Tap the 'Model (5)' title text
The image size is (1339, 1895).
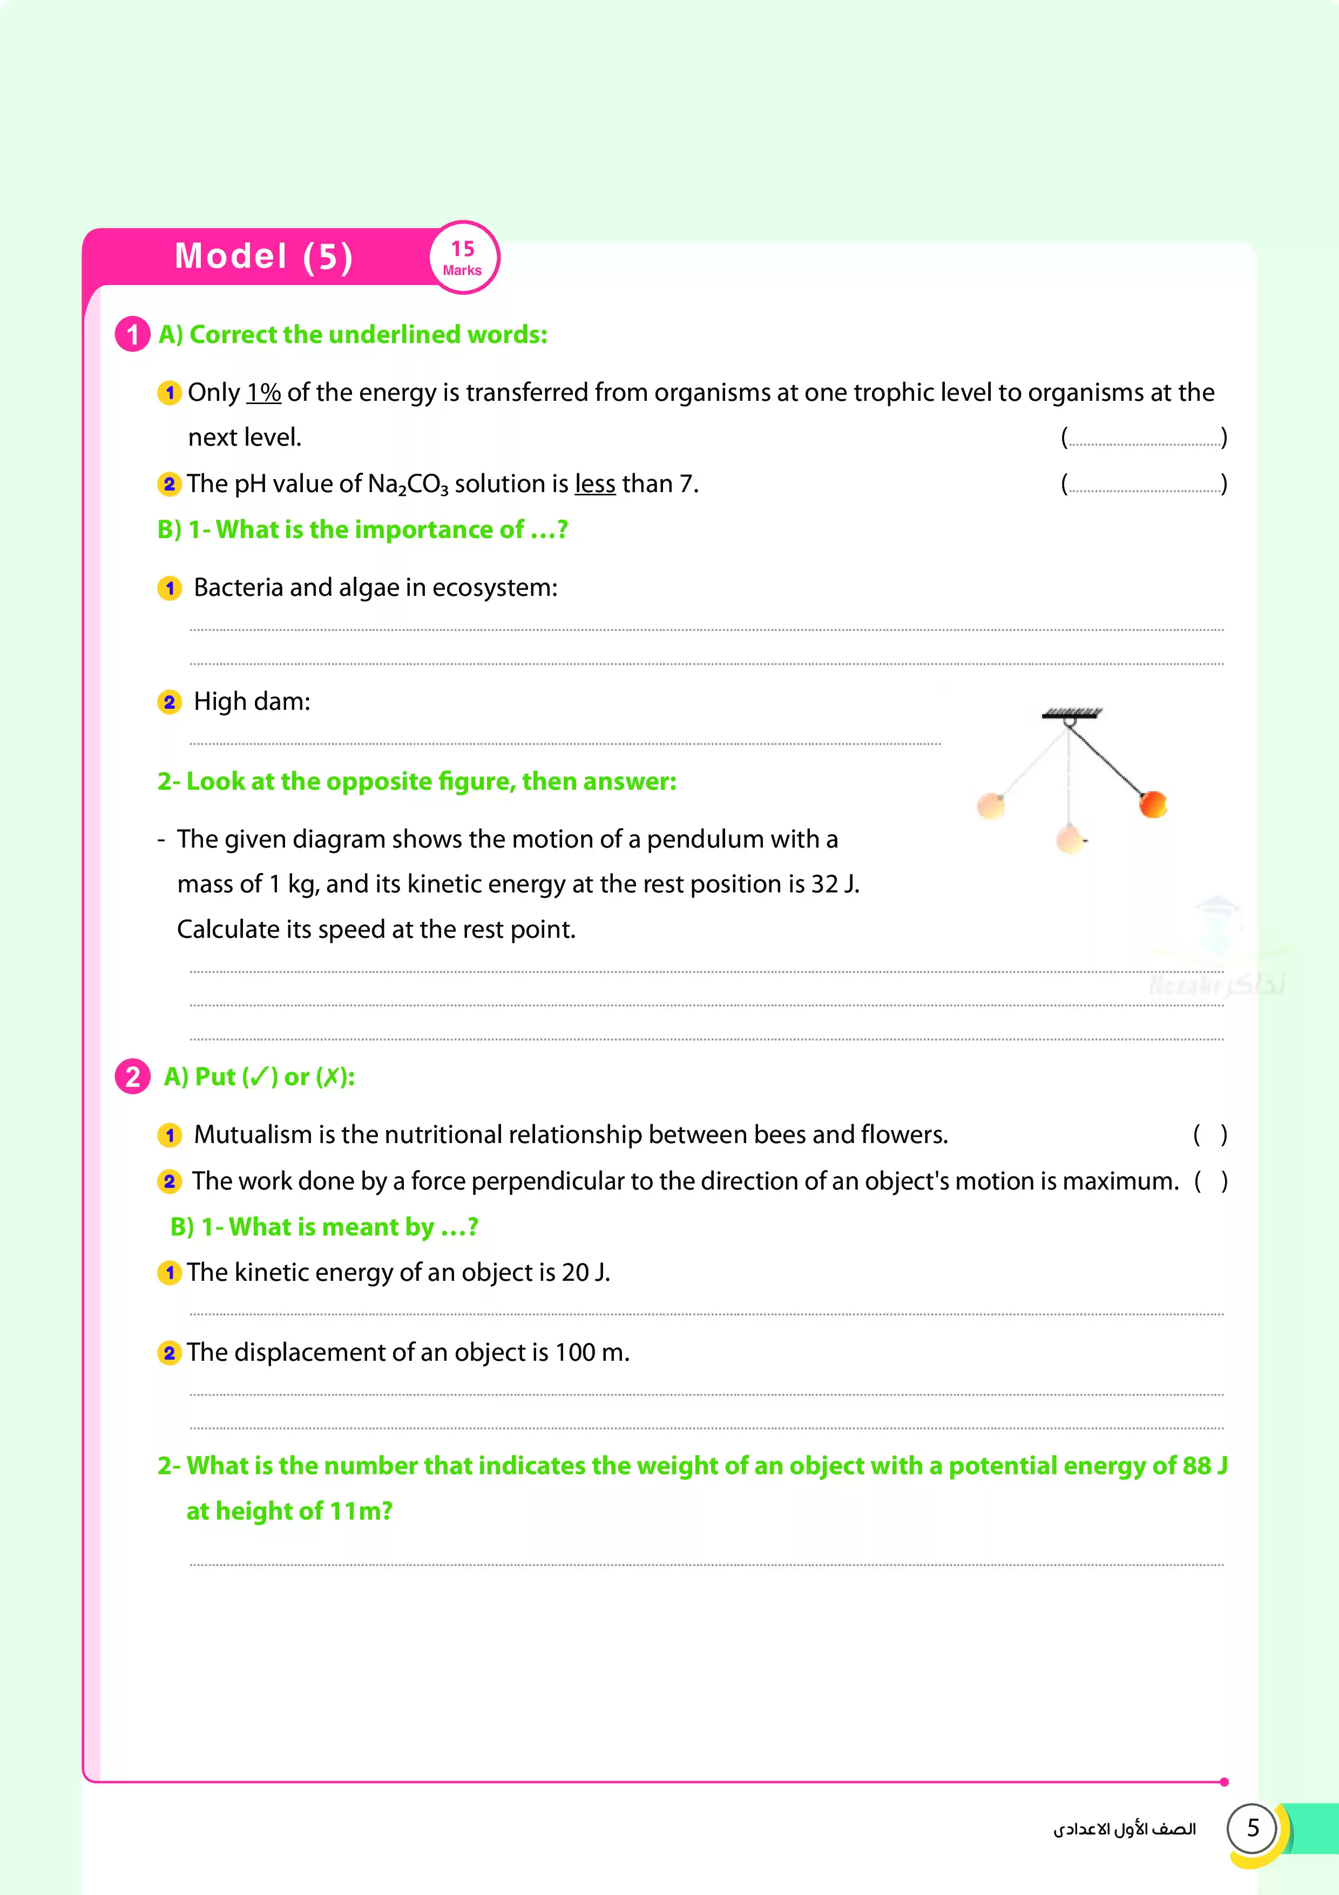pyautogui.click(x=264, y=256)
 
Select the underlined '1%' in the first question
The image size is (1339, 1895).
pyautogui.click(x=263, y=393)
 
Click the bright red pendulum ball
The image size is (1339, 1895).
pyautogui.click(x=1153, y=803)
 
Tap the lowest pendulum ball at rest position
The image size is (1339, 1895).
pyautogui.click(x=1070, y=839)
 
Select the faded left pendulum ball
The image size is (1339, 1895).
pyautogui.click(x=991, y=805)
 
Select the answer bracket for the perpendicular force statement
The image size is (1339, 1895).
pyautogui.click(x=1210, y=1181)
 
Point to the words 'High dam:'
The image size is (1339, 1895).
pyautogui.click(x=252, y=702)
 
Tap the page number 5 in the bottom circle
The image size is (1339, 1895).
pyautogui.click(x=1253, y=1828)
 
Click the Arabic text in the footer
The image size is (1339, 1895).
pyautogui.click(x=1124, y=1829)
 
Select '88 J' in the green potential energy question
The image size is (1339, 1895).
pyautogui.click(x=1203, y=1466)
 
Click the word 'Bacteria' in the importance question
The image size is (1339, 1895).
pyautogui.click(x=238, y=588)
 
